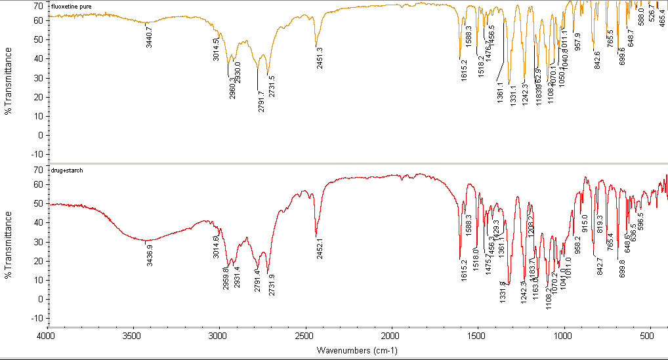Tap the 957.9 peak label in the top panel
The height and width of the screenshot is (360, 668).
(577, 41)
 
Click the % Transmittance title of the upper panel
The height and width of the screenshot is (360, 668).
(9, 82)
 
